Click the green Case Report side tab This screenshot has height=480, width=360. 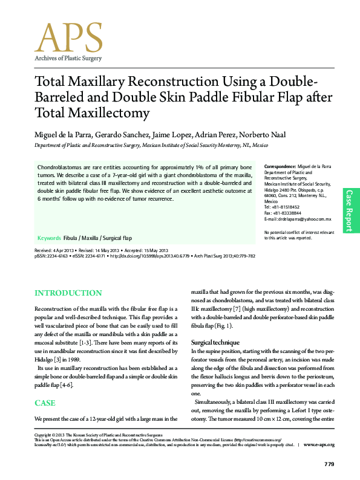tap(349, 210)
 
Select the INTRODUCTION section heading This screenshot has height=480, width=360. tap(68, 293)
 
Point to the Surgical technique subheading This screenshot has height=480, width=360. tap(216, 342)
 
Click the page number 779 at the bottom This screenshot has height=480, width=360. tap(329, 464)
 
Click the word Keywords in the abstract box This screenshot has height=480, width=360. tap(49, 238)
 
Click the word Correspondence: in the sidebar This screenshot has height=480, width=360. tap(280, 165)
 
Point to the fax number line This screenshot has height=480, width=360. tap(282, 213)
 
